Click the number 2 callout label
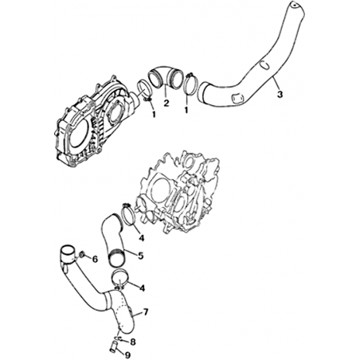[166, 103]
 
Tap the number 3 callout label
[280, 94]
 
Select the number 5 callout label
[141, 256]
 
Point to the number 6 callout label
[95, 259]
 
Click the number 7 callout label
[146, 312]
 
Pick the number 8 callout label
[132, 342]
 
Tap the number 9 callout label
[127, 354]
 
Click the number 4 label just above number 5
[142, 238]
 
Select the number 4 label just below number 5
[143, 288]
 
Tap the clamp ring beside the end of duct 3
[189, 84]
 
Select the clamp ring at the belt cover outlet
[145, 91]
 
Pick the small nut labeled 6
[82, 255]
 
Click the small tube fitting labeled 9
[113, 348]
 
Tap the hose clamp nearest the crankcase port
[129, 216]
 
